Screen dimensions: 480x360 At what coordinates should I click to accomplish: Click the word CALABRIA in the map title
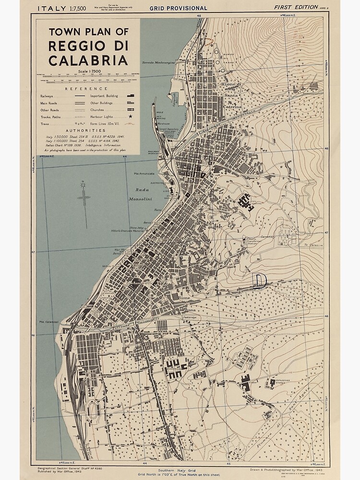coord(88,60)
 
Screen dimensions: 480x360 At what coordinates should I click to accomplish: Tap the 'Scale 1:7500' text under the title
coord(88,72)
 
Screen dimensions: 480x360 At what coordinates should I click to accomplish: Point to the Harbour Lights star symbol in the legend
coord(130,117)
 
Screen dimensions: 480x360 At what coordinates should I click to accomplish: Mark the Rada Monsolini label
coord(140,193)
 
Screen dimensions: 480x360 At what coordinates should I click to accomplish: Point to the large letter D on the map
coord(260,281)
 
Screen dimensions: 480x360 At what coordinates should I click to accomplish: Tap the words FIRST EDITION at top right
coord(295,7)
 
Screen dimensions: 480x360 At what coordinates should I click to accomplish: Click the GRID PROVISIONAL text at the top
coord(179,8)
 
